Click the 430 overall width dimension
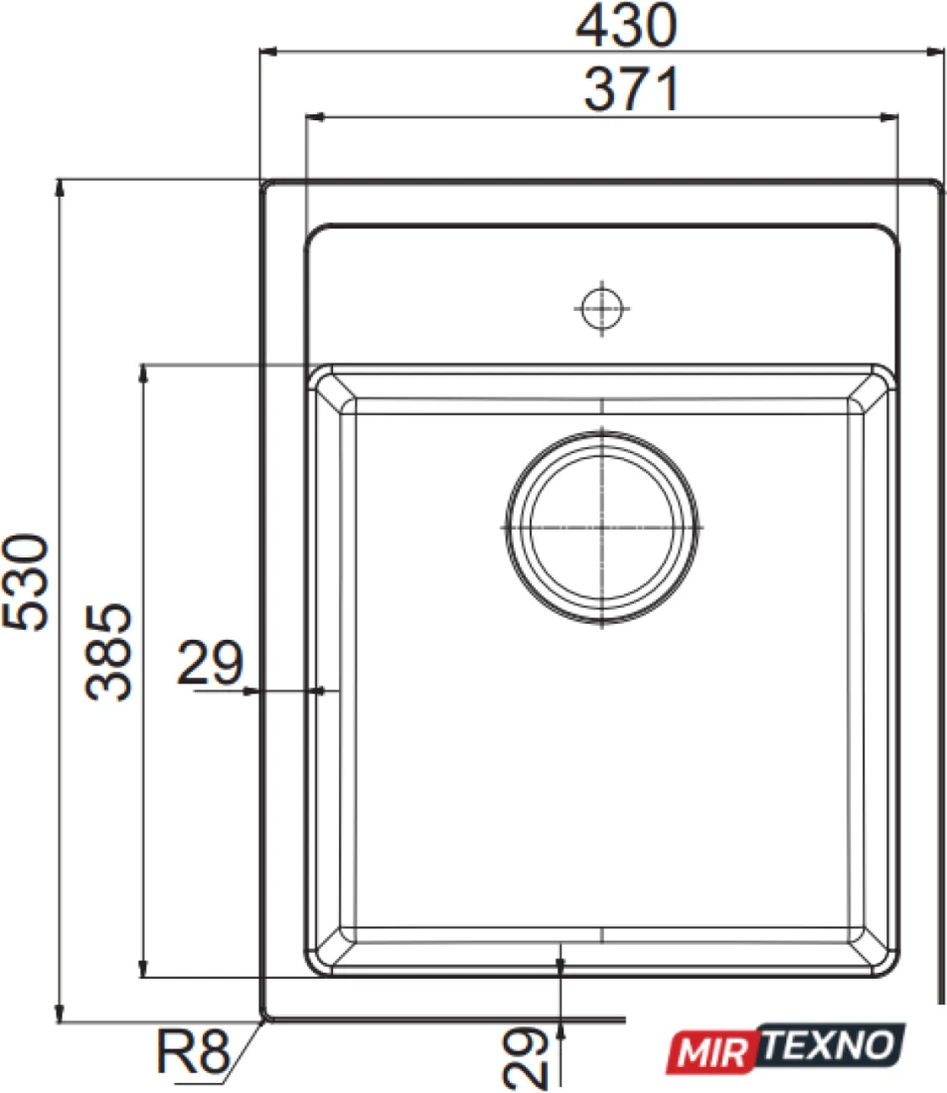625,26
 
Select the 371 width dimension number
631,89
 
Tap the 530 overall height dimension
27,582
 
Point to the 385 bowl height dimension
108,651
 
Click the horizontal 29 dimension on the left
210,662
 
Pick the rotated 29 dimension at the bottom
525,1057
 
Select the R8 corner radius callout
193,1052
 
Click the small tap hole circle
602,308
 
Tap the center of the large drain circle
602,527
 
